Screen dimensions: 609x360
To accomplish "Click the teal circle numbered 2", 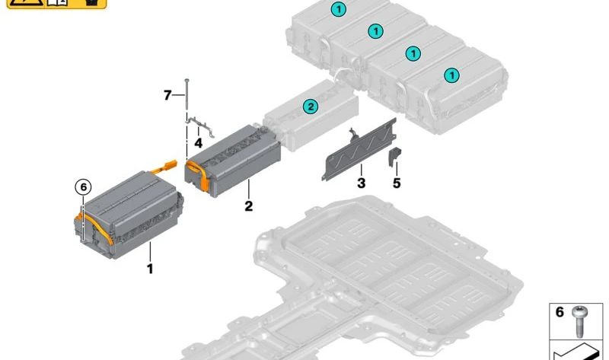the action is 311,106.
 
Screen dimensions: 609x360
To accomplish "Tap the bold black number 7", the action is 167,95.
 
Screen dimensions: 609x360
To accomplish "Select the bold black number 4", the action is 198,143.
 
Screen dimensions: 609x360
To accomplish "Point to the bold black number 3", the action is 361,183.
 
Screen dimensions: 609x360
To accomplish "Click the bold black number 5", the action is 397,183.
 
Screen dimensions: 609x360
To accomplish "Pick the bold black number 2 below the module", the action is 249,205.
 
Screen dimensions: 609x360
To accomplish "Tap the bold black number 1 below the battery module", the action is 150,269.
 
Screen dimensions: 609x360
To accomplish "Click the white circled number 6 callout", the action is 83,187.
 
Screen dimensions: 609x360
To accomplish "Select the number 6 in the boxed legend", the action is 560,312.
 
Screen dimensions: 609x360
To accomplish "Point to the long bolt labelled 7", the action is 187,97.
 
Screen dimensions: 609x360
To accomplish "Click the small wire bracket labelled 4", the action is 199,125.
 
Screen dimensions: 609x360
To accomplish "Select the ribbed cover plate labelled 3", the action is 359,149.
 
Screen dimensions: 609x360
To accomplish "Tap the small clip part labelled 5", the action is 394,157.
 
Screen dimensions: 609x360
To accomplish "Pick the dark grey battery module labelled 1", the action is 129,215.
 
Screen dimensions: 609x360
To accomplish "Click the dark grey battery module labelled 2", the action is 233,161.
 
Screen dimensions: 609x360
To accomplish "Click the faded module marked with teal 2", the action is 311,115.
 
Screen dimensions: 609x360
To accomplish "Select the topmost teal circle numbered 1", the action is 338,9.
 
